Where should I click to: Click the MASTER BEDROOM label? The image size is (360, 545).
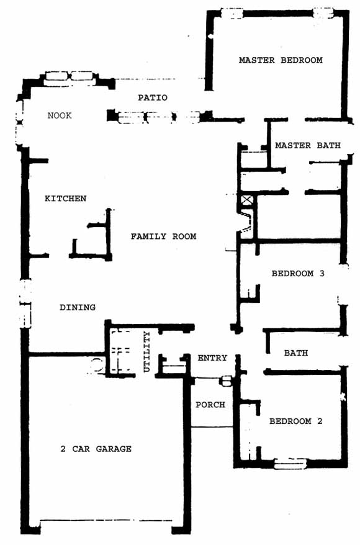[x=281, y=60]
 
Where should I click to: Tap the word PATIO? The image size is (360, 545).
[x=153, y=97]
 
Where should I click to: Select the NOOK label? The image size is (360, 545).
[x=60, y=115]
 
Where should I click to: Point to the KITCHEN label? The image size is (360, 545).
[x=65, y=199]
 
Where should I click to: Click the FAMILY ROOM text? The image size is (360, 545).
[x=163, y=236]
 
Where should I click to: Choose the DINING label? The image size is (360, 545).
[x=78, y=307]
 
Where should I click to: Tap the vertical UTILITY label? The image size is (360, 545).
[x=147, y=351]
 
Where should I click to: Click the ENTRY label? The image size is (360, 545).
[x=212, y=358]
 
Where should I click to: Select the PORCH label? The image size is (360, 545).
[x=210, y=405]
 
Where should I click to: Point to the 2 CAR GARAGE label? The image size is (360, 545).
[x=96, y=449]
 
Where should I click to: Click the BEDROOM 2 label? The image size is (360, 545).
[x=295, y=421]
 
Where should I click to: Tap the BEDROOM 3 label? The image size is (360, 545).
[x=298, y=274]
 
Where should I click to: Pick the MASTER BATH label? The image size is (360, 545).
[x=308, y=145]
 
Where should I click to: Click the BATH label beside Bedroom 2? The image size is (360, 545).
[x=296, y=353]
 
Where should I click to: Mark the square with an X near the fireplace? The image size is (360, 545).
[x=246, y=200]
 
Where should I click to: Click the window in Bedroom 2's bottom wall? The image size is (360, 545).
[x=290, y=464]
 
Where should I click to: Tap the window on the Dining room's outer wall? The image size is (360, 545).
[x=25, y=304]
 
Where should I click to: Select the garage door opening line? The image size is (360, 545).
[x=106, y=520]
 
